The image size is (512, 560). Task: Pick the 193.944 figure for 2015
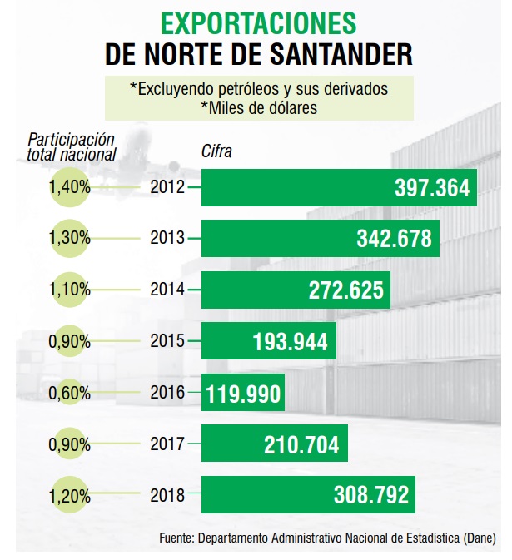click(x=290, y=341)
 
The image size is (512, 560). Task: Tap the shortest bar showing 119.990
click(x=242, y=392)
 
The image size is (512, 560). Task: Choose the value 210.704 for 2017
click(x=298, y=443)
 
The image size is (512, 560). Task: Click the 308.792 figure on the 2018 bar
click(x=370, y=494)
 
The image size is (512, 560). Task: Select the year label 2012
click(x=167, y=187)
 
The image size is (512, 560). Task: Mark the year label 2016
click(x=167, y=392)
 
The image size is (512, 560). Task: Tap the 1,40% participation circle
click(x=70, y=187)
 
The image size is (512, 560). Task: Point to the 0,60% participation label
click(x=70, y=392)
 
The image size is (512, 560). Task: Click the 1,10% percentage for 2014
click(x=70, y=290)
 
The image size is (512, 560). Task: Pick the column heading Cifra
click(x=216, y=152)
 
